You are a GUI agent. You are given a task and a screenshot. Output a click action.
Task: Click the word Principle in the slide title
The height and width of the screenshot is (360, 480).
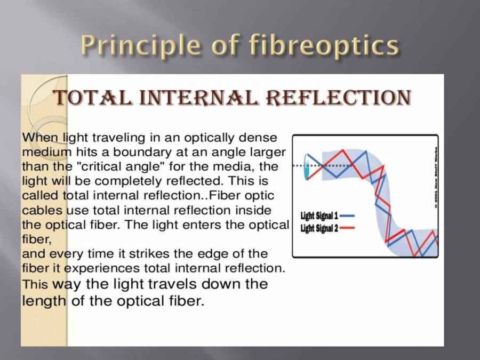coord(140,45)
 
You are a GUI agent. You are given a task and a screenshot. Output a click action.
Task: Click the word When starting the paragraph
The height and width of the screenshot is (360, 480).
coord(40,137)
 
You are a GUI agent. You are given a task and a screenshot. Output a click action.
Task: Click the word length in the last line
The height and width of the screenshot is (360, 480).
coord(44,301)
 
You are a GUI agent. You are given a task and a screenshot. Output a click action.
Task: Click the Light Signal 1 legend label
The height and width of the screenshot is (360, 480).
coord(319,216)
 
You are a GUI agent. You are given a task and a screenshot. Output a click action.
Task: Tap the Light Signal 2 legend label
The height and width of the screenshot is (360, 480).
coord(319,228)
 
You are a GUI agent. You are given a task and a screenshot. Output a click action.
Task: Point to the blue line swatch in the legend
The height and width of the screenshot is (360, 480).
coord(347,216)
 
